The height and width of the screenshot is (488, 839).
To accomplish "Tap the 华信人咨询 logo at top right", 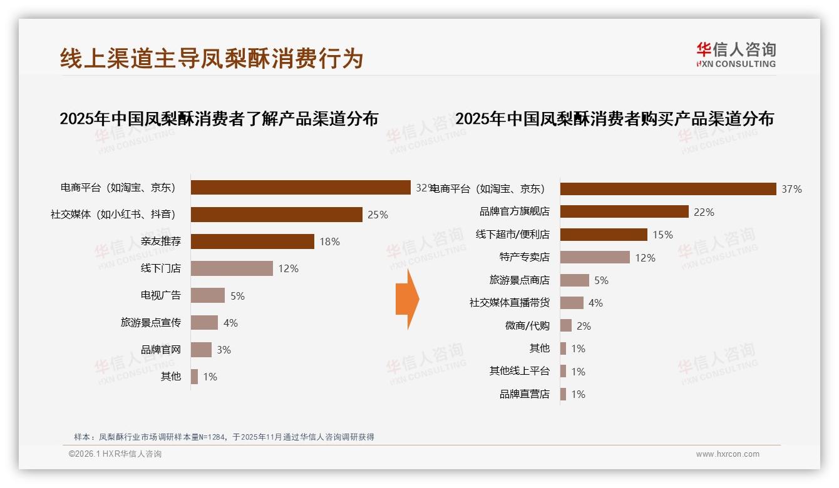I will tap(736, 54).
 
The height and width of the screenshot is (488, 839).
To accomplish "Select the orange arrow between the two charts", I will tap(407, 299).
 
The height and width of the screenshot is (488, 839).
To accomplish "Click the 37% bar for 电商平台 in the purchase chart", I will tap(667, 189).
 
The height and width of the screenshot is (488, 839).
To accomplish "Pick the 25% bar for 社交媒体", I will tap(276, 215).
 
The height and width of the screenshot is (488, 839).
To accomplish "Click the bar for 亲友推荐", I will tap(252, 241).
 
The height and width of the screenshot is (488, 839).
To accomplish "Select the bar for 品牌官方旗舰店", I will tap(624, 212).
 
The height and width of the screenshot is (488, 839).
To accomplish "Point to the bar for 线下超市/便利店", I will tap(603, 235).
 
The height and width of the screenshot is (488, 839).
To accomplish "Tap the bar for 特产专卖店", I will tap(594, 257).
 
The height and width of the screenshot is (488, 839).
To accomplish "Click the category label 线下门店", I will tap(160, 268).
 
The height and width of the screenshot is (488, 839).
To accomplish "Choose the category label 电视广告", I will tap(160, 295).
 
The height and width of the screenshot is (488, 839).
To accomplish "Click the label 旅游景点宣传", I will tap(150, 322).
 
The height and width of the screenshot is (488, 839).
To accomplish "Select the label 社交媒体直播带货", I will tap(509, 303).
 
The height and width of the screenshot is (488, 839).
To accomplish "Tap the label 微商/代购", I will tap(527, 325).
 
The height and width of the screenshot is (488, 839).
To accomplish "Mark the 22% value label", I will tap(704, 212).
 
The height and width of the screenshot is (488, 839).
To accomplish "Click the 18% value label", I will tap(329, 241).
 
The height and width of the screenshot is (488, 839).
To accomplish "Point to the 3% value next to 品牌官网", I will tap(224, 350).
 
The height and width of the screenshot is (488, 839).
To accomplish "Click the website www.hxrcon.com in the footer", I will tap(727, 454).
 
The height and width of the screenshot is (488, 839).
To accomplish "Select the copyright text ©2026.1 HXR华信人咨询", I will tap(115, 454).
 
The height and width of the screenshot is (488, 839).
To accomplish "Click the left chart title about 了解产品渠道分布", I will tap(219, 118).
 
